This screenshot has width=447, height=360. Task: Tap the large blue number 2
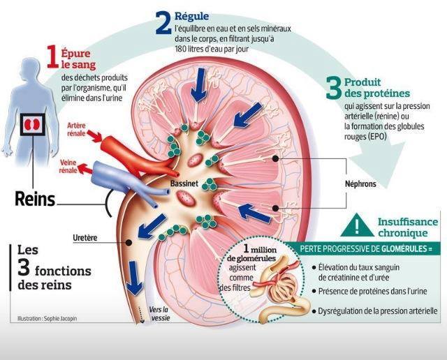[163, 22]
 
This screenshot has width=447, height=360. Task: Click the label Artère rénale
[80, 130]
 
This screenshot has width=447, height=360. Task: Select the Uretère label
[85, 238]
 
